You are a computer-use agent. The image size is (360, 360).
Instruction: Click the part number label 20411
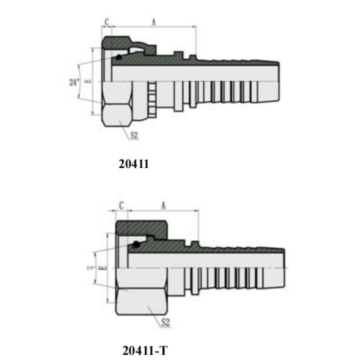click(134, 164)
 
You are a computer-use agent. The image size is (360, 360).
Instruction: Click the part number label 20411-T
click(145, 350)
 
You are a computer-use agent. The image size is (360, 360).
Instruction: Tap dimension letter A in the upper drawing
click(154, 22)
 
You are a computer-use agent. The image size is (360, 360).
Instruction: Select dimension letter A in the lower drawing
click(163, 206)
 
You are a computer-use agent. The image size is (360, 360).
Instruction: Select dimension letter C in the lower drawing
click(122, 206)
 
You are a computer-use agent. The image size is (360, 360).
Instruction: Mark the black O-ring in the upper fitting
click(118, 57)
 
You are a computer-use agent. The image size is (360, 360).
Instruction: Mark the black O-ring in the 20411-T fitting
click(135, 245)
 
